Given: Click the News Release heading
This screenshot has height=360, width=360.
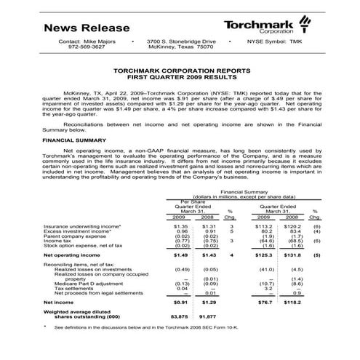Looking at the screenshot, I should tap(87, 28).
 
